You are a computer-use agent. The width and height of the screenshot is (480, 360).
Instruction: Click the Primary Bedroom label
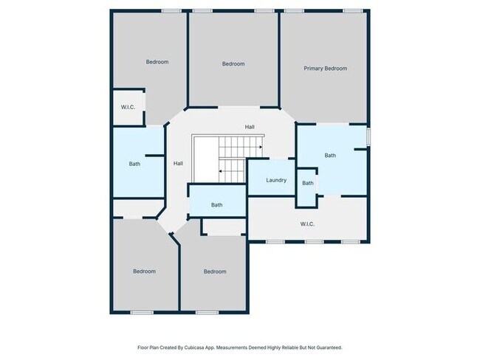pos(325,69)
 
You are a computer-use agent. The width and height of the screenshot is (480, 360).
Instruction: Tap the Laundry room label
pos(276,180)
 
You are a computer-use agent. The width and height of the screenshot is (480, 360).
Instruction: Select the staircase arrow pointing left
pos(221,172)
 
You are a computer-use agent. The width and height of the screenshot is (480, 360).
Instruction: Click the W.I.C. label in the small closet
pos(128,108)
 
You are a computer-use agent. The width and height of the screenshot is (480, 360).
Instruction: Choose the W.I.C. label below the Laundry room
pos(307,224)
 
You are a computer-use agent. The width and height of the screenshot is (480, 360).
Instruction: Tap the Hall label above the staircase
pos(250,127)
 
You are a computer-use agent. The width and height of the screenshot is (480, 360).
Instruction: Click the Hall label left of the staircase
pos(178,163)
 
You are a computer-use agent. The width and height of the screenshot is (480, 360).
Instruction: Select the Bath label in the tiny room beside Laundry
pos(307,183)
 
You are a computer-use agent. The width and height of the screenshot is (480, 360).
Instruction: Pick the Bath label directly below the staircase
pos(216,205)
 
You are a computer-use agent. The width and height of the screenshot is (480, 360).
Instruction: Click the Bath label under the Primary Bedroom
pos(329,156)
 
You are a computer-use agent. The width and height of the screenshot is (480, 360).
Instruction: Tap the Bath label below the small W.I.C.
pos(134,164)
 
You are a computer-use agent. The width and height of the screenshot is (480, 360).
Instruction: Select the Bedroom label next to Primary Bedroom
pos(233,64)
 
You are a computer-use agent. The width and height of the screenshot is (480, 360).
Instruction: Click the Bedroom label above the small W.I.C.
pos(157,62)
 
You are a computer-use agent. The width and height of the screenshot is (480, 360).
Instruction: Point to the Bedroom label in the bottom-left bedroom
pos(144,271)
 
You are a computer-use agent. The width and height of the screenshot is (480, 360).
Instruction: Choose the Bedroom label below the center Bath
pos(215,271)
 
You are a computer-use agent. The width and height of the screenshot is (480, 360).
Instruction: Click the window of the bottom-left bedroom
pos(141,312)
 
